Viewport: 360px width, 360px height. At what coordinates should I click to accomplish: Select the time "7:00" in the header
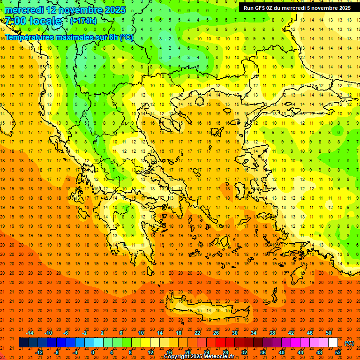15,21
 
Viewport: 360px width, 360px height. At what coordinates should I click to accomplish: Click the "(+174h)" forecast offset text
83,21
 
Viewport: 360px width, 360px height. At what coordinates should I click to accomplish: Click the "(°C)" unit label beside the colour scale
349,343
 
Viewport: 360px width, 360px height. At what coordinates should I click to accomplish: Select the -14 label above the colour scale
30,333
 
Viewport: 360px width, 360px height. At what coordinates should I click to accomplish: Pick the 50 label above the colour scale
328,333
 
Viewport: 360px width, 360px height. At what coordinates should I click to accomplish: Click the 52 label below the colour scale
338,352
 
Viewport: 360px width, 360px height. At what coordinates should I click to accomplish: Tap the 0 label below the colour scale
92,352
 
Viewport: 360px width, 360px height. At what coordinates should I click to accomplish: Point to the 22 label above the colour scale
197,333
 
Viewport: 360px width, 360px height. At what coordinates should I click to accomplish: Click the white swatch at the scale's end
333,343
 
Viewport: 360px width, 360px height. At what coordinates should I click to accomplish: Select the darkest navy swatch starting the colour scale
23,343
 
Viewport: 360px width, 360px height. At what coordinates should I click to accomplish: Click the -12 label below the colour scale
39,352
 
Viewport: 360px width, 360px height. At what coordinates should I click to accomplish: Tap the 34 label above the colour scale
254,333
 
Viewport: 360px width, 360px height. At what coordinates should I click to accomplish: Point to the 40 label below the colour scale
282,352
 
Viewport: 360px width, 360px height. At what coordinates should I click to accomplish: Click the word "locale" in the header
45,21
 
